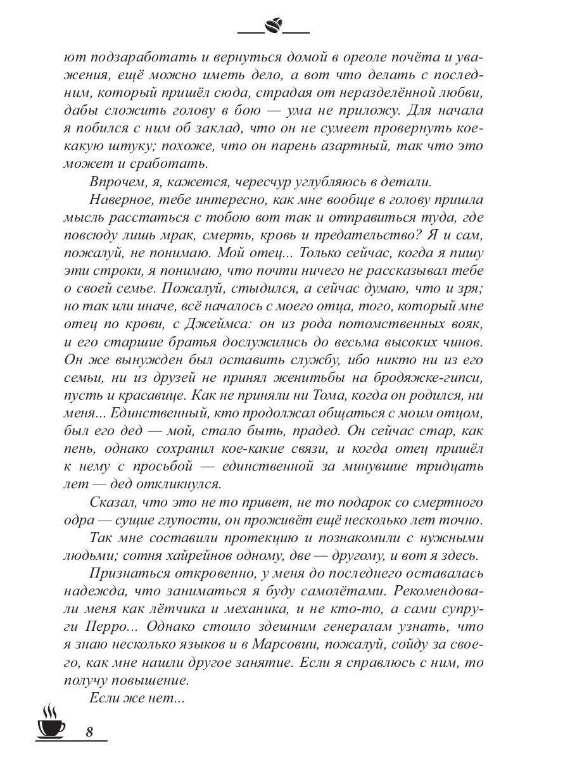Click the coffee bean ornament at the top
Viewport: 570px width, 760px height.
tap(273, 26)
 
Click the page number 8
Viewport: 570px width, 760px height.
tap(89, 731)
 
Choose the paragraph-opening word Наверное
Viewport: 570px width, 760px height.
tap(118, 200)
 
